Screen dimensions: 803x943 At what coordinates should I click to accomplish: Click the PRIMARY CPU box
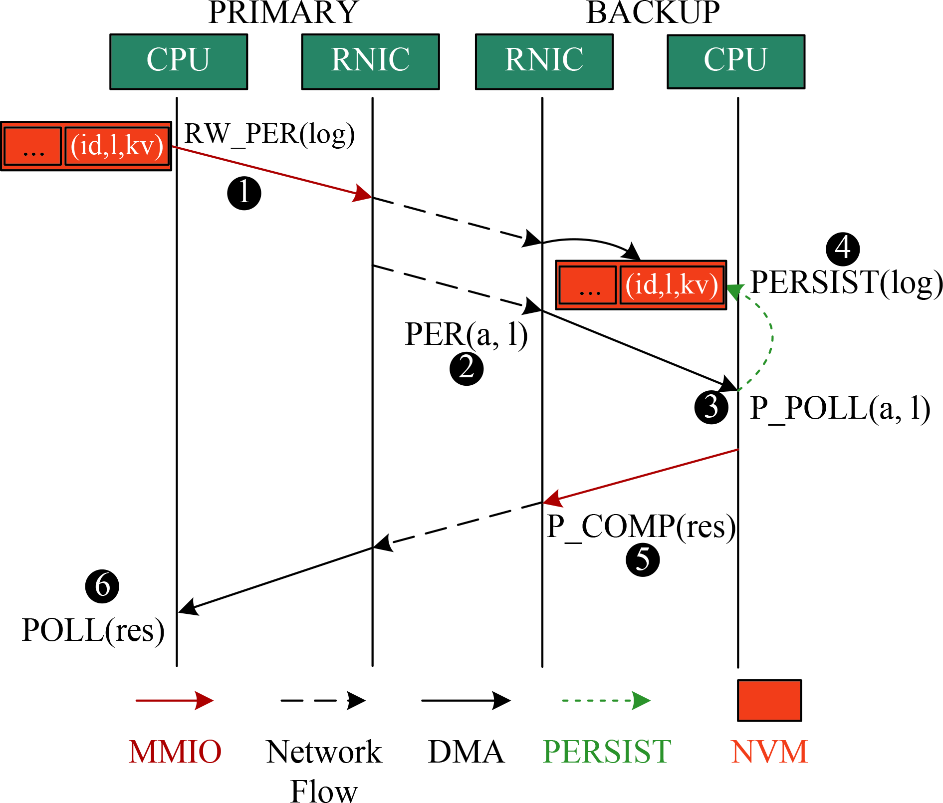point(179,61)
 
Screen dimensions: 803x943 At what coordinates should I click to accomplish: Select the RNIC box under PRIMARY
point(370,61)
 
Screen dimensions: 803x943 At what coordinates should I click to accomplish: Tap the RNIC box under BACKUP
point(544,61)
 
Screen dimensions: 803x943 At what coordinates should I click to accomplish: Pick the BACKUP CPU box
point(736,61)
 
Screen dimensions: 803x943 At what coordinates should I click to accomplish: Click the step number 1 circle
point(244,193)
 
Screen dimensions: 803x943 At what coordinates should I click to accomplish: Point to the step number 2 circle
point(467,369)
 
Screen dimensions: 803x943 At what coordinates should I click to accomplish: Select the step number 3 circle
point(711,407)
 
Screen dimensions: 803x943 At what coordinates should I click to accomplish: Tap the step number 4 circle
point(843,249)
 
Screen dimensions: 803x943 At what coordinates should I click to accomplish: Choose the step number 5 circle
point(643,559)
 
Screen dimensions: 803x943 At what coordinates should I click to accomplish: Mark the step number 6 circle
point(102,586)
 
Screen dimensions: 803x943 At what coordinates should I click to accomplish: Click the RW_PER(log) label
point(269,134)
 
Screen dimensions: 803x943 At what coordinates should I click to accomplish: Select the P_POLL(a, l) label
point(840,409)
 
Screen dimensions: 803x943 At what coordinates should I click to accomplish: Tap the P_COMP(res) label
point(641,527)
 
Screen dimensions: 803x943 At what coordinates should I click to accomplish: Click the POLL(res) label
point(93,630)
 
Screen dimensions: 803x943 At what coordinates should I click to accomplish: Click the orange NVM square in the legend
point(769,700)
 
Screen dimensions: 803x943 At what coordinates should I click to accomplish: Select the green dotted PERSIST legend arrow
point(606,700)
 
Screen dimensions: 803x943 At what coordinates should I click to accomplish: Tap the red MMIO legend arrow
point(174,700)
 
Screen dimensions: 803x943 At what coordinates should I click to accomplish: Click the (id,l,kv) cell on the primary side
point(117,146)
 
